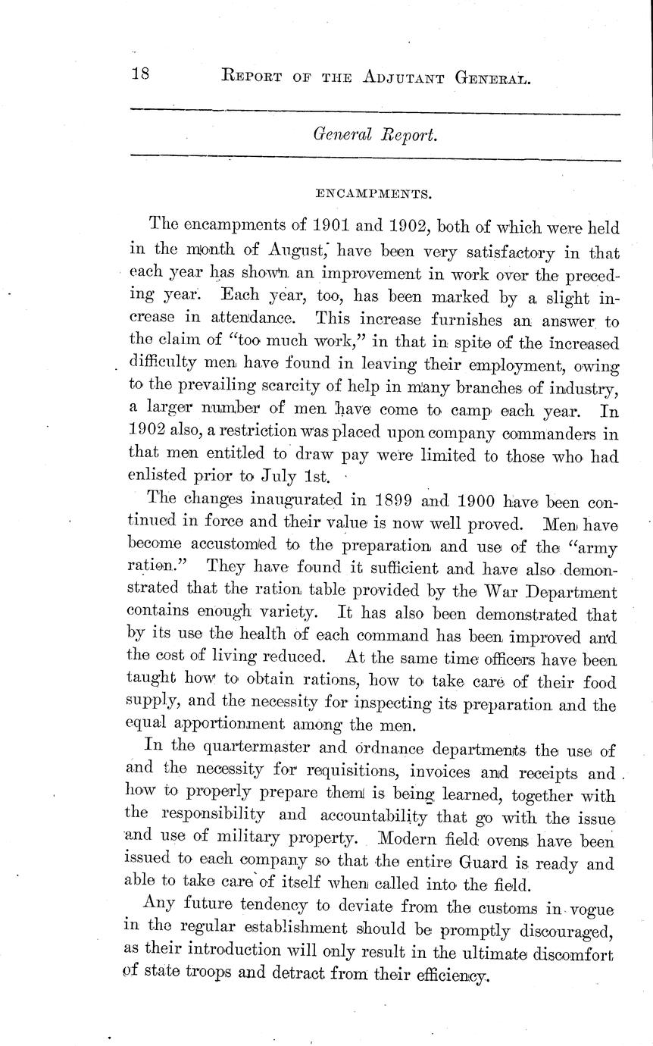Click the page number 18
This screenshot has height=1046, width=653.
(142, 75)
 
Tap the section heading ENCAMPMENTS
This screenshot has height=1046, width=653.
(373, 194)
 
